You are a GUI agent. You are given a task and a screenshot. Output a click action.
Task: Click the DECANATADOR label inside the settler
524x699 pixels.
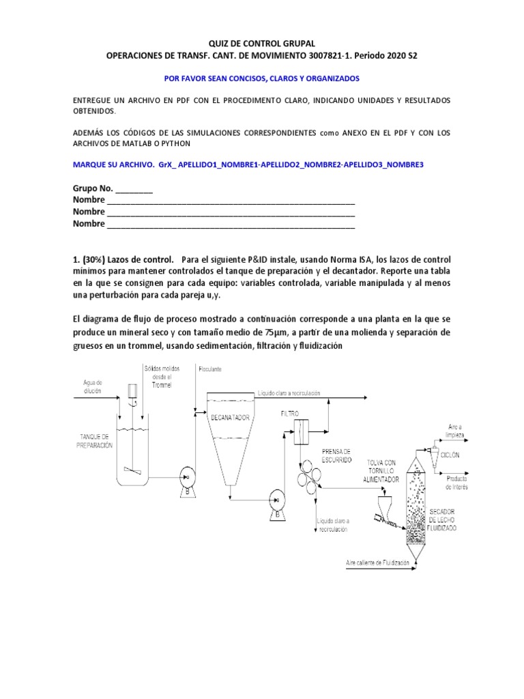coord(229,417)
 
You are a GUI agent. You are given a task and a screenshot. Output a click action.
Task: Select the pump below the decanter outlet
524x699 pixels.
coord(276,499)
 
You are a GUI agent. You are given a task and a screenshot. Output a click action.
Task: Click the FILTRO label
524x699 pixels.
coord(291,414)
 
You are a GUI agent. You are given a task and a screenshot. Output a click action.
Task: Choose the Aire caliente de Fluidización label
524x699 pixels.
coord(377,562)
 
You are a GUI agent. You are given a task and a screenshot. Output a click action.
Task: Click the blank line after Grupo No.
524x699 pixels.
coord(135,188)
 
